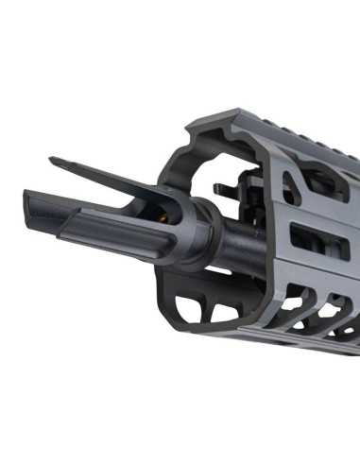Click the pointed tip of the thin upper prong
coord(52,160)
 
